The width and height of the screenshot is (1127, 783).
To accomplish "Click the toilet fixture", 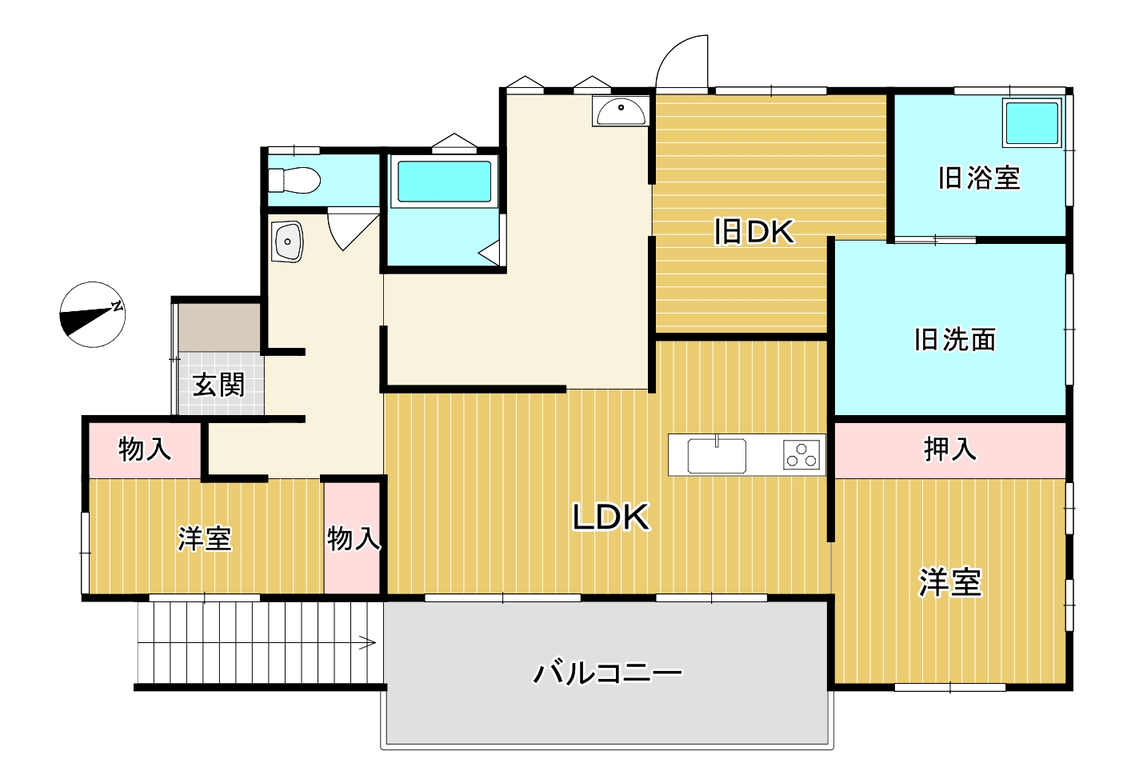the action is [294, 180].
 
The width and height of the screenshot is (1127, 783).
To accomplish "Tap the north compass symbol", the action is [93, 314].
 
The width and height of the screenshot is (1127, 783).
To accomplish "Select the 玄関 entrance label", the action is [219, 385].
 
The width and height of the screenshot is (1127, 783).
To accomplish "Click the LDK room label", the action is [611, 517].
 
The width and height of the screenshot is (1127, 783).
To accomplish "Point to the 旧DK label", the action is [754, 231].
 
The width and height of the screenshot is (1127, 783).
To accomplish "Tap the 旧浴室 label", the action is [979, 178].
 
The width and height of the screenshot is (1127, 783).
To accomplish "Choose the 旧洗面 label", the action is [955, 339].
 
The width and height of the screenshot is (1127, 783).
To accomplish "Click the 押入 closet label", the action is [950, 449].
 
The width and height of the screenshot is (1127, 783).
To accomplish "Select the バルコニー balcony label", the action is [608, 673].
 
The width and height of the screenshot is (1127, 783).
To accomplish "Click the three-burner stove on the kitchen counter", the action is [801, 455].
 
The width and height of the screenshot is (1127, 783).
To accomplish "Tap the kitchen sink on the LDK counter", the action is [717, 455].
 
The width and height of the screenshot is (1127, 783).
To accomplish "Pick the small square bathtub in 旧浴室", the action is [1031, 123].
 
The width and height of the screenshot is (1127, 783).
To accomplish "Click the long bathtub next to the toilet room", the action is [444, 182].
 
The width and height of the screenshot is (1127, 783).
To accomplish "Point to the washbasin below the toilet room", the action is [287, 242].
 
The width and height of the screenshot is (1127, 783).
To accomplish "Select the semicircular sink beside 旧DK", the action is [621, 111].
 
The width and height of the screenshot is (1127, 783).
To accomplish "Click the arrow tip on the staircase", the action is [375, 642].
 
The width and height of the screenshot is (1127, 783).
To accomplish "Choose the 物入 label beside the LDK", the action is [353, 538].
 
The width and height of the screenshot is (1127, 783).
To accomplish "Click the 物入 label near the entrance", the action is [145, 449].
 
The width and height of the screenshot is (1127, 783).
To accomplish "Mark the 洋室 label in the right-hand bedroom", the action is [950, 583].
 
